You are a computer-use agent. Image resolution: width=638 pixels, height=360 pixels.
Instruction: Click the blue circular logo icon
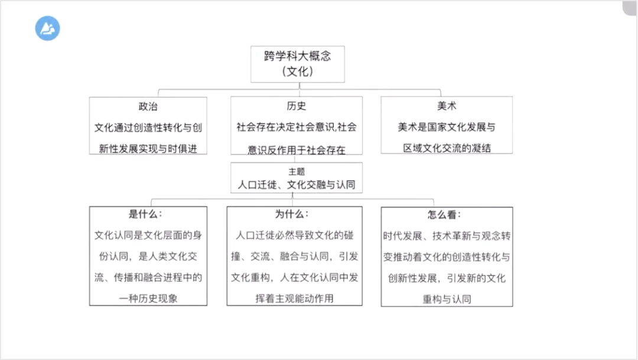[47, 28]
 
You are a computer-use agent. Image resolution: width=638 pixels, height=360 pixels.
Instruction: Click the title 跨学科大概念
[297, 56]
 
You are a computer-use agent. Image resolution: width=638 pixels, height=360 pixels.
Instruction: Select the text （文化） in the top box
[297, 72]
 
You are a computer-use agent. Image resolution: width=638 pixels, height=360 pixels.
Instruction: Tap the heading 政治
[148, 107]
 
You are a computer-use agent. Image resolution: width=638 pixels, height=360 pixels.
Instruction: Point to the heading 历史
[297, 107]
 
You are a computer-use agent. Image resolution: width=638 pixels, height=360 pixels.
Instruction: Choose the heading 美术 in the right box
[447, 107]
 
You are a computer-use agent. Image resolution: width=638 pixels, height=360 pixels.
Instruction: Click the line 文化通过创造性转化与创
[148, 127]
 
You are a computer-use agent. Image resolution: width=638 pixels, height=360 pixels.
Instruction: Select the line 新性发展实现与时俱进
[148, 148]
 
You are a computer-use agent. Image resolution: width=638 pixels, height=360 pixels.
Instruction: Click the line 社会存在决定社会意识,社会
[297, 127]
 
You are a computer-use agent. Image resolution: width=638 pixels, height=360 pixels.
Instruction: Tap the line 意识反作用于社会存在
[297, 149]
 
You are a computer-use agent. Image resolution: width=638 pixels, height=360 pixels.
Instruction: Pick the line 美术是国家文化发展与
[447, 127]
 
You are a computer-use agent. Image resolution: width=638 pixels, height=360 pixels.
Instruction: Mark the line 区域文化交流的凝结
[447, 148]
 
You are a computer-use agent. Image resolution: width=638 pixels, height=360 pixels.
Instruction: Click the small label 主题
[297, 171]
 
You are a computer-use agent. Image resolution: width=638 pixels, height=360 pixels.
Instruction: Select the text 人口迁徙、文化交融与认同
[297, 184]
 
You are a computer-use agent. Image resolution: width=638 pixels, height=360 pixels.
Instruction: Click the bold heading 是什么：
[145, 215]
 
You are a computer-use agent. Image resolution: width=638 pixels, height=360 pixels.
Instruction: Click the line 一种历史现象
[148, 299]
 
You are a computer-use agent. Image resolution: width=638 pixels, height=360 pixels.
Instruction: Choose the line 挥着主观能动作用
[294, 299]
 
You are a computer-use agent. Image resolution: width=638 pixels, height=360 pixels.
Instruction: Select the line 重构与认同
[447, 299]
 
